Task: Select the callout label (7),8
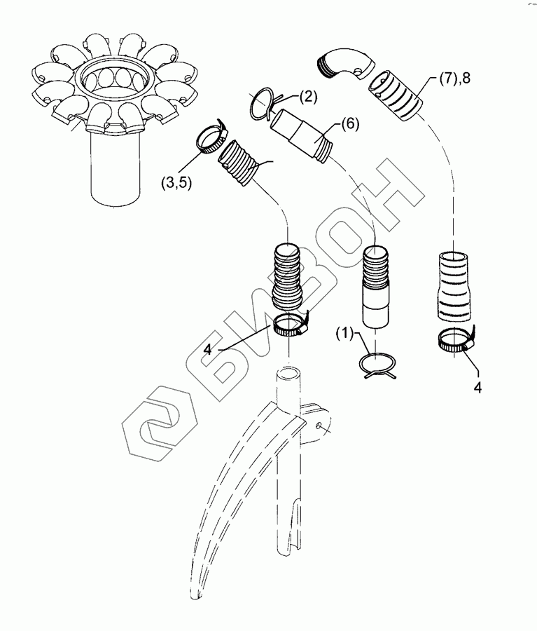(455, 80)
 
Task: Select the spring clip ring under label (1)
(377, 366)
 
